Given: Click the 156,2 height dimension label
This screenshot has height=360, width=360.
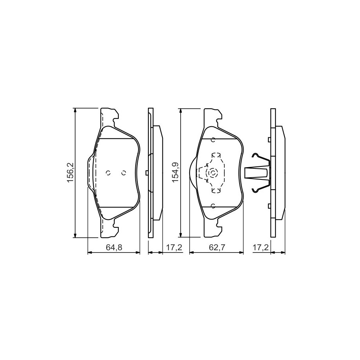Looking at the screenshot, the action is (70, 172).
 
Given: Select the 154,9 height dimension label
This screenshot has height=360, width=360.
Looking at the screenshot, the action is (175, 172).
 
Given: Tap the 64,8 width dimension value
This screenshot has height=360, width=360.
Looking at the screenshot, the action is (114, 247).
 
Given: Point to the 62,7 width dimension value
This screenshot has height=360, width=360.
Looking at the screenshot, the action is (217, 247).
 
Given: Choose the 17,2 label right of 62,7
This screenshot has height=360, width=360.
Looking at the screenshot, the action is (260, 247).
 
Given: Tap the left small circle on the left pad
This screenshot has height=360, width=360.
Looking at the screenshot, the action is (108, 173).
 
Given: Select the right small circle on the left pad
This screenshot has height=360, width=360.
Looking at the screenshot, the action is (124, 173).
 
